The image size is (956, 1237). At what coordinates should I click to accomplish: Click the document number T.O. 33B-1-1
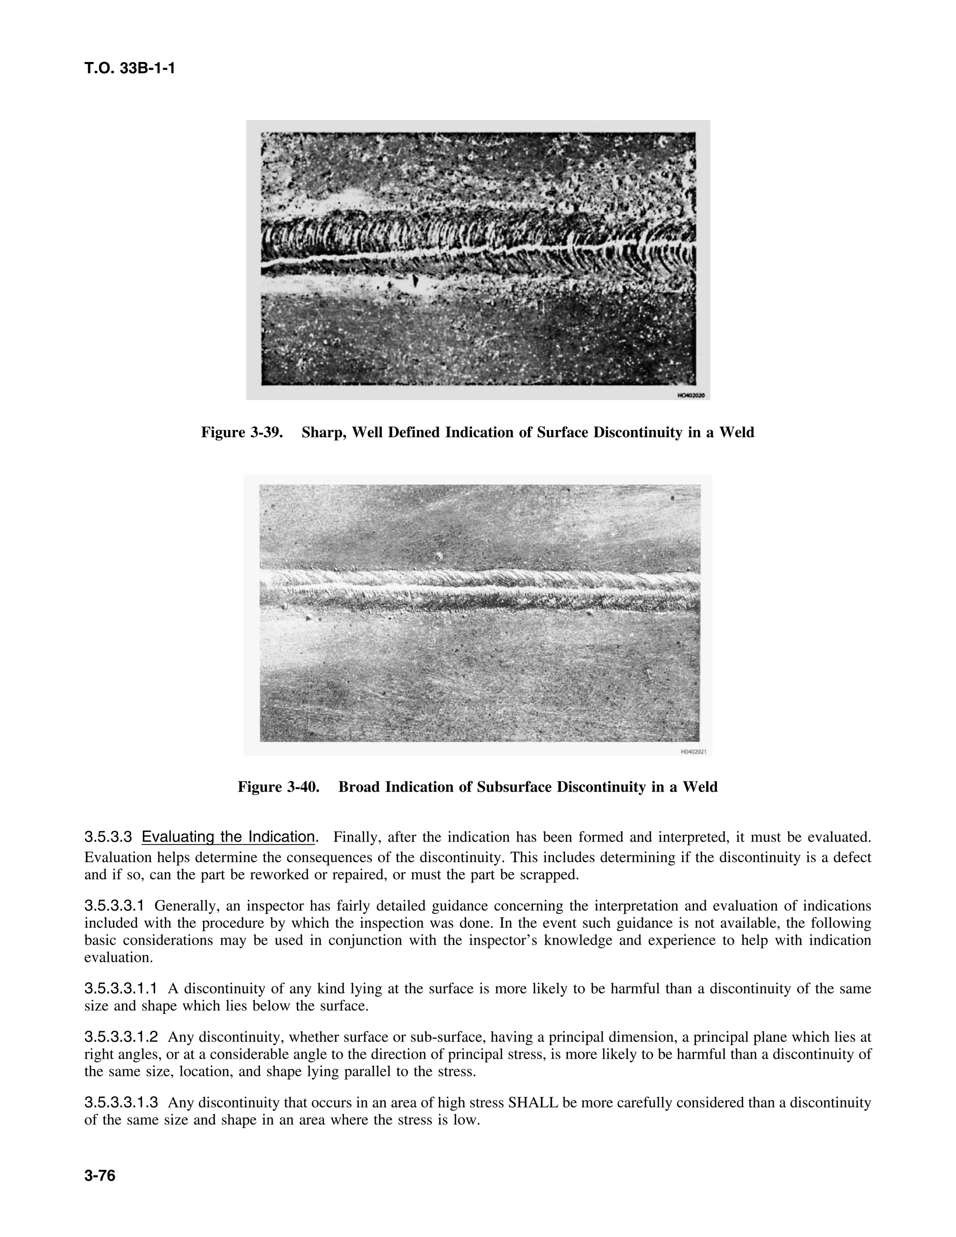click(130, 69)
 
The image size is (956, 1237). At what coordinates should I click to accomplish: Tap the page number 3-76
click(100, 1176)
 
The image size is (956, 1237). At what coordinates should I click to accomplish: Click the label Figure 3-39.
click(242, 433)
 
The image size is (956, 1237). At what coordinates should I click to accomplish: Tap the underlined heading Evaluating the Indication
click(228, 837)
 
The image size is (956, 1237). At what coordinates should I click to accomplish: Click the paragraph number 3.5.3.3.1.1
click(120, 989)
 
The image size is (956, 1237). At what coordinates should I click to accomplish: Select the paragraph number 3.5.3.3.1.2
click(120, 1038)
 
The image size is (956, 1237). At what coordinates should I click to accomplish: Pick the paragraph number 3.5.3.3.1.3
click(120, 1103)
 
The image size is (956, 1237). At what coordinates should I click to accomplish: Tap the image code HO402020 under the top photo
click(691, 395)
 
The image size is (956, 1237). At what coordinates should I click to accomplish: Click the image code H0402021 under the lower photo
click(693, 752)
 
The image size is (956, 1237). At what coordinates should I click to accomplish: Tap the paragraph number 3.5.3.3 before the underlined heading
click(108, 837)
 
